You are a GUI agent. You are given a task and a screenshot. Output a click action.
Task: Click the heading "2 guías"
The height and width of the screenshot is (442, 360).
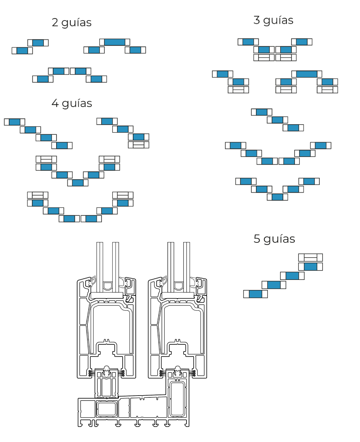coord(72,23)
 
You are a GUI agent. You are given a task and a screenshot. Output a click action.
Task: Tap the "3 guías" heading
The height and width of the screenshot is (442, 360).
coord(273,21)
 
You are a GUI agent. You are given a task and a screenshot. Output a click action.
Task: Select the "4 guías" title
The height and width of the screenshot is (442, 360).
coord(72,103)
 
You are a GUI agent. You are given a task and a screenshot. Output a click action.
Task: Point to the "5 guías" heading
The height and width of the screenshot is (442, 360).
coord(274,239)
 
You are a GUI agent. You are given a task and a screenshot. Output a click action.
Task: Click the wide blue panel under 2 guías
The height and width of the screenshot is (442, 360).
coord(114,42)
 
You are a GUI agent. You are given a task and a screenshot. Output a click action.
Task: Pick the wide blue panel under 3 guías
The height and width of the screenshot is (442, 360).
coord(306,74)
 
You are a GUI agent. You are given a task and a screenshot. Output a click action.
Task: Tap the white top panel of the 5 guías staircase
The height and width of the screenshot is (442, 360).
coord(310,258)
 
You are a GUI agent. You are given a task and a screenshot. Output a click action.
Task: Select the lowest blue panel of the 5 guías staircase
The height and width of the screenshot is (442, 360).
coord(255,294)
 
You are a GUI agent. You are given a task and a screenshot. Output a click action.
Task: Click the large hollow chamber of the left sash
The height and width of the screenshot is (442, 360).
coord(110,324)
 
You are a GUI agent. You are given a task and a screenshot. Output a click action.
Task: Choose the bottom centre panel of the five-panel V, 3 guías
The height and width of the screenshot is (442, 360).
coord(277,197)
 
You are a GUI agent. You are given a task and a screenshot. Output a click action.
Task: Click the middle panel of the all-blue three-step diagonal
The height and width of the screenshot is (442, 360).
coord(277,120)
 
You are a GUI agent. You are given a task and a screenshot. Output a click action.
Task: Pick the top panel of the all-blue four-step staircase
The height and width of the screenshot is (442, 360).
coord(14,122)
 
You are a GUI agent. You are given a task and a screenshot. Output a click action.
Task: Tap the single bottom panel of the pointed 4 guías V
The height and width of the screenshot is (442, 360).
coord(78,183)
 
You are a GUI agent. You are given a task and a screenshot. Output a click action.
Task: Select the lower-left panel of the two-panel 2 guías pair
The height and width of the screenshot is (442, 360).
coord(22,51)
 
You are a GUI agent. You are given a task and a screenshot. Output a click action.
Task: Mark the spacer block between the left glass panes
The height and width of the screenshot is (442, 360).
coord(107,286)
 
